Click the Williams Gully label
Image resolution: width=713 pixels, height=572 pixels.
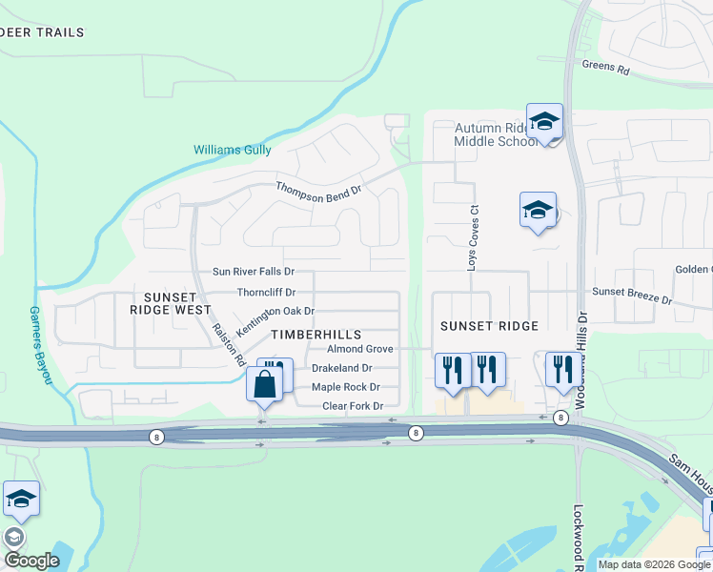[232, 150]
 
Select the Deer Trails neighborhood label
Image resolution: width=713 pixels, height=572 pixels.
[42, 32]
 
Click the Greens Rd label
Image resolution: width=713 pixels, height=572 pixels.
[605, 69]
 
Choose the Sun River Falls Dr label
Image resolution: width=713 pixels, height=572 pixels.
[253, 272]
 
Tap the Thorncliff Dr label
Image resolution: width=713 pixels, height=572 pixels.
[266, 293]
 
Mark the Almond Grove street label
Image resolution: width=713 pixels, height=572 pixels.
[353, 350]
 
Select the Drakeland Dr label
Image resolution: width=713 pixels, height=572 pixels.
[341, 368]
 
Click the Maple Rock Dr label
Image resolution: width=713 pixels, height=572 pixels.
[345, 387]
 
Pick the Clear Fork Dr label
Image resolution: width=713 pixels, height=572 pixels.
[352, 406]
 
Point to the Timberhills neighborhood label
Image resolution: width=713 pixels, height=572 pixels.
[316, 335]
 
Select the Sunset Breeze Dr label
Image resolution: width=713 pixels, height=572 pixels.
[632, 295]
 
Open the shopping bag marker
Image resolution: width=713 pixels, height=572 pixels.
[265, 384]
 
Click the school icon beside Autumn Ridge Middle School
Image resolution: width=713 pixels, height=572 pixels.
[544, 121]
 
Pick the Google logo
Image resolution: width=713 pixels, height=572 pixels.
[31, 561]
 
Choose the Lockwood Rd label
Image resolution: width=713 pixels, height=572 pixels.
[579, 539]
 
